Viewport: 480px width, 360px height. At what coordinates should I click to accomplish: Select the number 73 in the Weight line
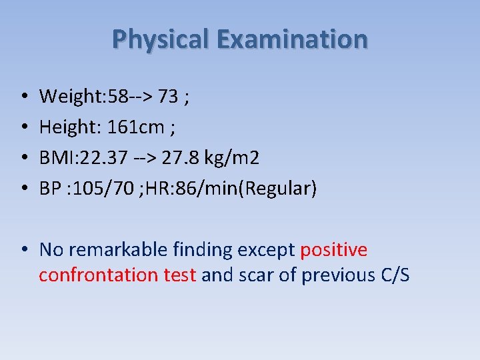coord(169,97)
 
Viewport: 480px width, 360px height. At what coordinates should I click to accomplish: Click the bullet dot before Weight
coord(23,98)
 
